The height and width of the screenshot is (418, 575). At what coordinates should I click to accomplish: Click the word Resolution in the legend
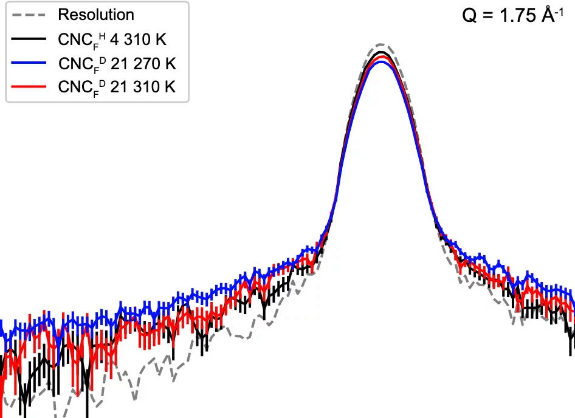[x=96, y=15]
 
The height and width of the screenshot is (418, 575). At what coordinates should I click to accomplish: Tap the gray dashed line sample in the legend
[x=29, y=15]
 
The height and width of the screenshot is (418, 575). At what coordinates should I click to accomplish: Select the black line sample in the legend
[x=29, y=39]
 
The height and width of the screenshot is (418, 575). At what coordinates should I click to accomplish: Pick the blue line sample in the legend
[x=29, y=63]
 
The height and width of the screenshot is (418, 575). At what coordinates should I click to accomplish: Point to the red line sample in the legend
[x=29, y=87]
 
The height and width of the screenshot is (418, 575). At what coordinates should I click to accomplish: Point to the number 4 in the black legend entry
[x=114, y=39]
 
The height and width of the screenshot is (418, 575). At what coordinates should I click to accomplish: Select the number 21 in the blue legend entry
[x=119, y=63]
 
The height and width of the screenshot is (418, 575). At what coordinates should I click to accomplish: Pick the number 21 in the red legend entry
[x=119, y=87]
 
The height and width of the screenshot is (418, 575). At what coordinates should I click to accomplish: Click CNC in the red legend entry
[x=75, y=87]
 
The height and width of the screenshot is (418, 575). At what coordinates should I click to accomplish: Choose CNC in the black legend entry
[x=75, y=39]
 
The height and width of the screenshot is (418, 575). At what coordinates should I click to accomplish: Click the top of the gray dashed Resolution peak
[x=380, y=44]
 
